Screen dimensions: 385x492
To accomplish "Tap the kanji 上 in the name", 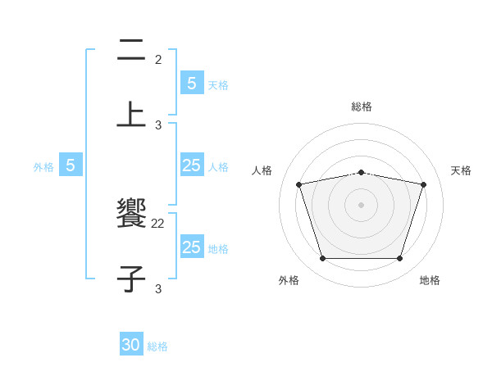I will pyautogui.click(x=131, y=114).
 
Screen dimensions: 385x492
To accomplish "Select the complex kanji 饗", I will pyautogui.click(x=131, y=215).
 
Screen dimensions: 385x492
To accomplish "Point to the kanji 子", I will pyautogui.click(x=131, y=278).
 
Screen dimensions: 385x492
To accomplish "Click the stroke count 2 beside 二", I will pyautogui.click(x=158, y=60).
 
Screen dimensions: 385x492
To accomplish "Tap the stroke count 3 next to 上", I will pyautogui.click(x=158, y=125).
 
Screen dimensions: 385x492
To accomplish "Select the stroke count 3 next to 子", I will pyautogui.click(x=158, y=288).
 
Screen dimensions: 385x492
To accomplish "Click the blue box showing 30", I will pyautogui.click(x=131, y=345).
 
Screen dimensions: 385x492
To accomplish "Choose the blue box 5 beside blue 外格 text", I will pyautogui.click(x=71, y=165).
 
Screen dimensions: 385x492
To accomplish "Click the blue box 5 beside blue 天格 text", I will pyautogui.click(x=191, y=83).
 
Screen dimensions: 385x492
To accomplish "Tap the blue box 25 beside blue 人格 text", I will pyautogui.click(x=191, y=165).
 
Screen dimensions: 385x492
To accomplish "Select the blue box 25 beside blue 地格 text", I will pyautogui.click(x=191, y=247).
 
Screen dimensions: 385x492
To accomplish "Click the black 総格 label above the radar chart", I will pyautogui.click(x=361, y=106).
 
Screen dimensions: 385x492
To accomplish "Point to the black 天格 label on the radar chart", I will pyautogui.click(x=461, y=170).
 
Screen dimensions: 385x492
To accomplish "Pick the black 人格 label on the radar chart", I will pyautogui.click(x=262, y=170).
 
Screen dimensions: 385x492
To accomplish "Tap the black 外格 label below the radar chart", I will pyautogui.click(x=289, y=280).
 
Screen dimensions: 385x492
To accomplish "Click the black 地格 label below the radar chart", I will pyautogui.click(x=430, y=280).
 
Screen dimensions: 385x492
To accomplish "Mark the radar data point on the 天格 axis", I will pyautogui.click(x=423, y=184).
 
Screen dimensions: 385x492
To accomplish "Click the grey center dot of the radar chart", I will pyautogui.click(x=361, y=204).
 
